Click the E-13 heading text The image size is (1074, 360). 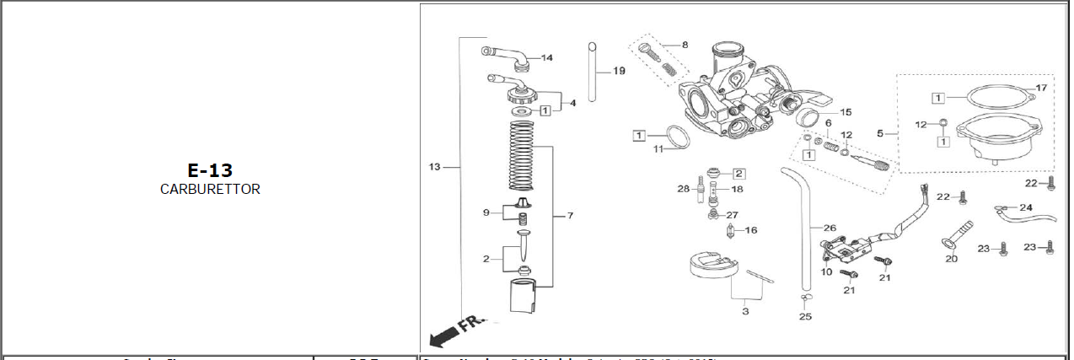tap(210, 170)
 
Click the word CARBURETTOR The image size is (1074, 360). tap(210, 190)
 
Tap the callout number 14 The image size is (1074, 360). tap(547, 57)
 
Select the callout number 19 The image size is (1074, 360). tap(619, 71)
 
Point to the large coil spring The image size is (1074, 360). tap(522, 156)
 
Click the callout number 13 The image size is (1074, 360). tap(435, 167)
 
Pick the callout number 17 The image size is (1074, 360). tap(1040, 88)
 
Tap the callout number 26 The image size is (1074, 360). tap(830, 228)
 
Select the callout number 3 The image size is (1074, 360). tap(744, 311)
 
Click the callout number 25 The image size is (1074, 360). tap(805, 317)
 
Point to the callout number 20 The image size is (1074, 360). tap(951, 259)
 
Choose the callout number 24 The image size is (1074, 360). tap(1025, 207)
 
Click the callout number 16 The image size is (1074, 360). tap(751, 230)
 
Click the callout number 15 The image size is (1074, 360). tap(845, 111)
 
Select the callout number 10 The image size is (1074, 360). tap(826, 271)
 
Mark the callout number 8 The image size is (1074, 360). tap(685, 44)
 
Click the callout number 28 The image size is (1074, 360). tap(683, 188)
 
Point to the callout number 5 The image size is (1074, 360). tap(880, 133)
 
